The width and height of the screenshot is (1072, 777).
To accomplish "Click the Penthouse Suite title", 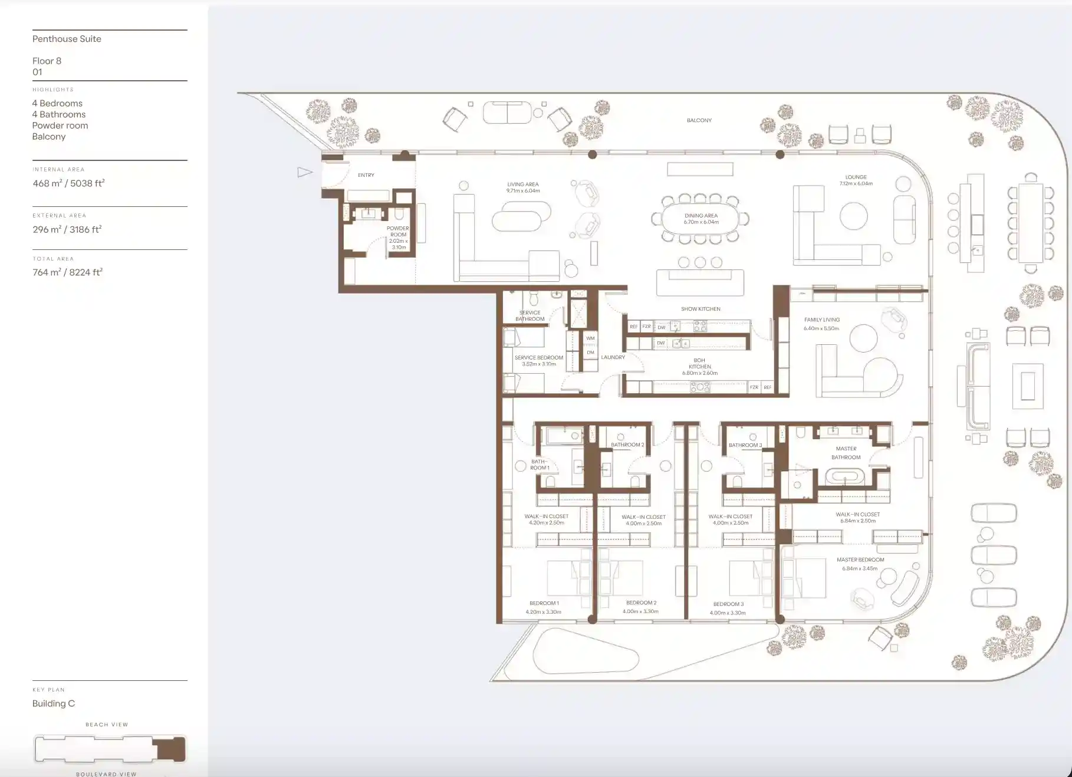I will tap(67, 39).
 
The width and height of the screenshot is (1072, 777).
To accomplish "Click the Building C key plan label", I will tap(54, 703).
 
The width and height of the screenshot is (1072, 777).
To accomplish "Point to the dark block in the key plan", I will tap(171, 749).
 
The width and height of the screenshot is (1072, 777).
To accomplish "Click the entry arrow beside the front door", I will tap(304, 172).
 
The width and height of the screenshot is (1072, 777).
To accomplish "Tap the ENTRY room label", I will tap(366, 175).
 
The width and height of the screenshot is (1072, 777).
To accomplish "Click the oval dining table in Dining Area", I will tap(701, 219).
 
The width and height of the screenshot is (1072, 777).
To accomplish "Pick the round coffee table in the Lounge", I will tap(853, 216).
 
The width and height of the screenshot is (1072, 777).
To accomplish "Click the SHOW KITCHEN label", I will tap(701, 309).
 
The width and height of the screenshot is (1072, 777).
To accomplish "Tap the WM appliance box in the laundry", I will tap(590, 338).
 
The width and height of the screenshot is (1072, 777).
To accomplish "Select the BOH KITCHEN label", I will tap(699, 363).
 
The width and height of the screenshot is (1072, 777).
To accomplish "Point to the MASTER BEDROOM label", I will tap(860, 559).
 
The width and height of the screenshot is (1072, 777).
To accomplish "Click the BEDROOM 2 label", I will tap(641, 602).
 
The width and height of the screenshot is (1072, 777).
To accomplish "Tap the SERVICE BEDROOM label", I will tap(538, 357).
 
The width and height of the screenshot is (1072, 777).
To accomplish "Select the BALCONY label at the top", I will tap(699, 120).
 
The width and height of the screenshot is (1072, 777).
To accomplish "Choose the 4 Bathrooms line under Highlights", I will tap(59, 114).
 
